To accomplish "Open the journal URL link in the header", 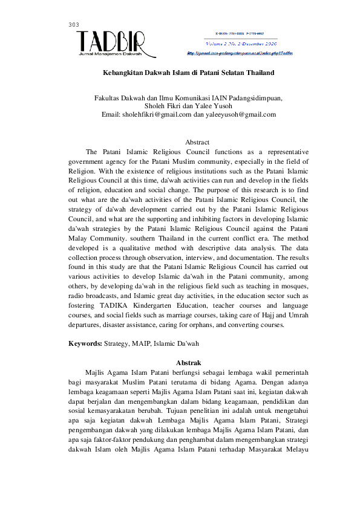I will point(240,53).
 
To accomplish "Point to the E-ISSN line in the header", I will point(240,34).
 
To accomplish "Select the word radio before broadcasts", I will point(77,295).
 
